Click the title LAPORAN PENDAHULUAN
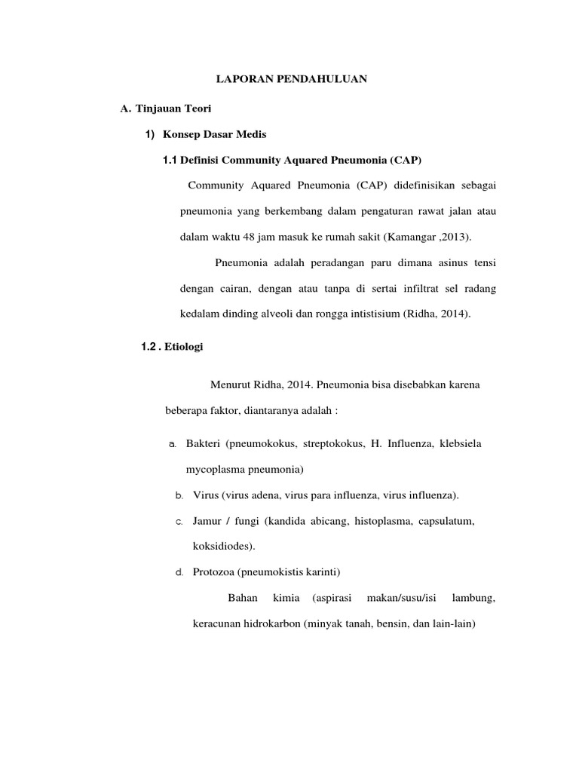pos(292,78)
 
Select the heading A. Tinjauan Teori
pos(161,109)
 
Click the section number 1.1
pos(170,160)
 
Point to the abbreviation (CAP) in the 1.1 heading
pos(406,160)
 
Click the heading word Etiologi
pos(184,347)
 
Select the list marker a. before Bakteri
pos(172,444)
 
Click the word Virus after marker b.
pos(206,495)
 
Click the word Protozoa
pos(216,572)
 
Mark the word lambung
pos(473,599)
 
